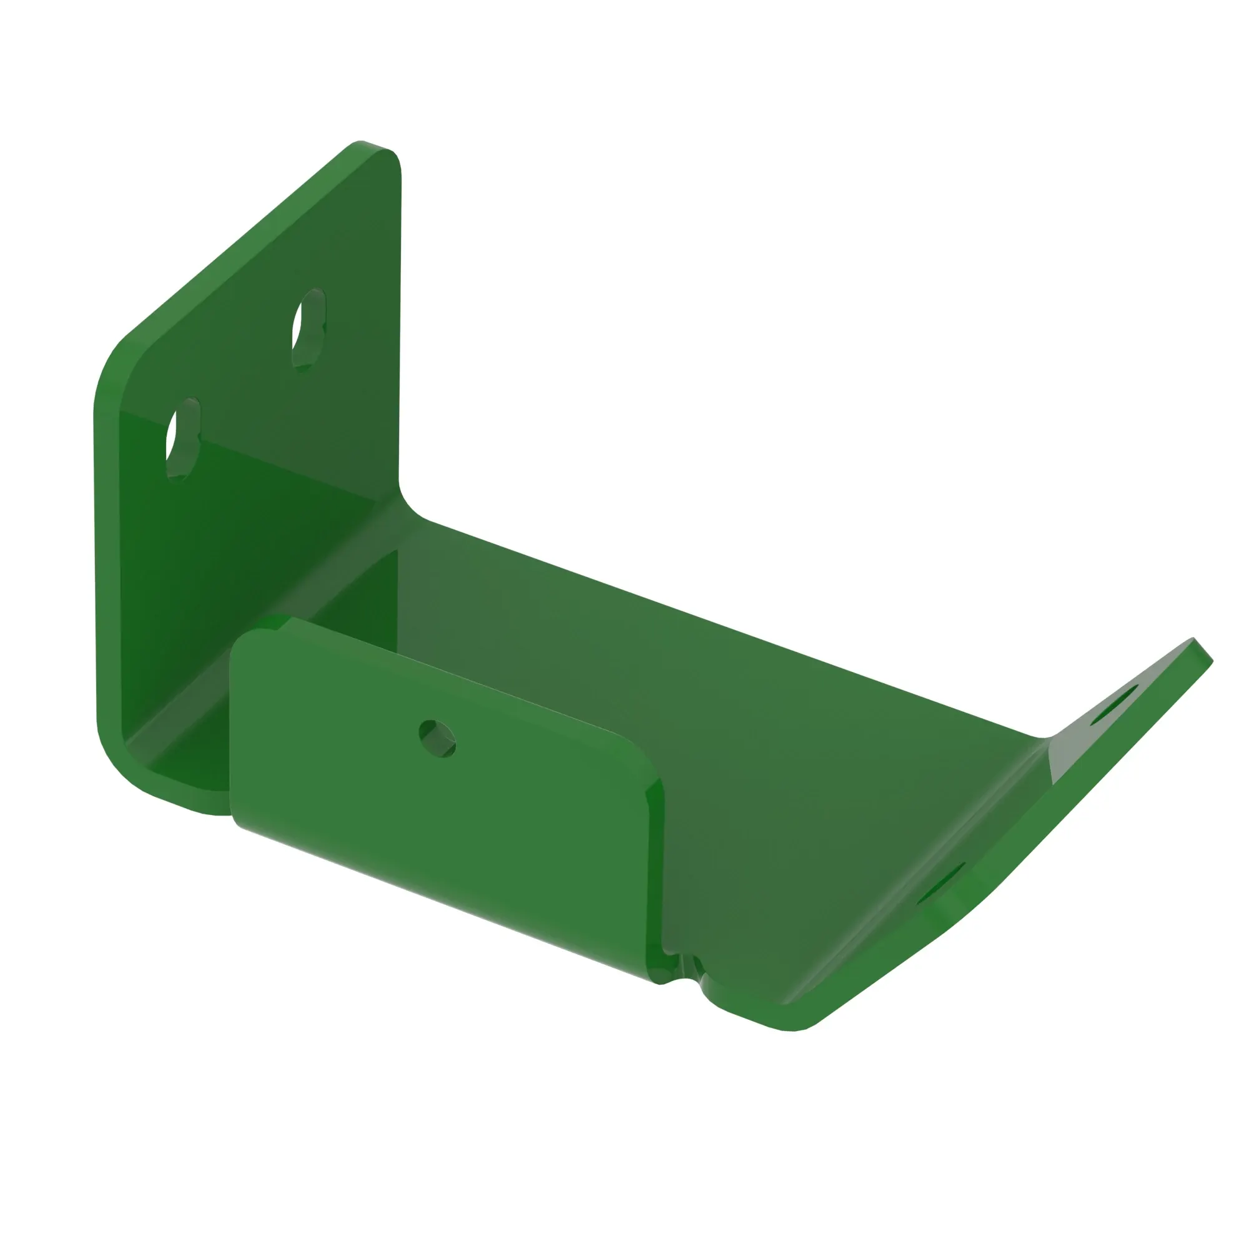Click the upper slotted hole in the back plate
pyautogui.click(x=309, y=329)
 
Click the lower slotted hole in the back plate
pyautogui.click(x=183, y=439)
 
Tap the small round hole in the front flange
pyautogui.click(x=438, y=738)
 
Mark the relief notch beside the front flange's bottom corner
pyautogui.click(x=686, y=969)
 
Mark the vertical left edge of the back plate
pyautogui.click(x=97, y=569)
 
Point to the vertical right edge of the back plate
pyautogui.click(x=400, y=323)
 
